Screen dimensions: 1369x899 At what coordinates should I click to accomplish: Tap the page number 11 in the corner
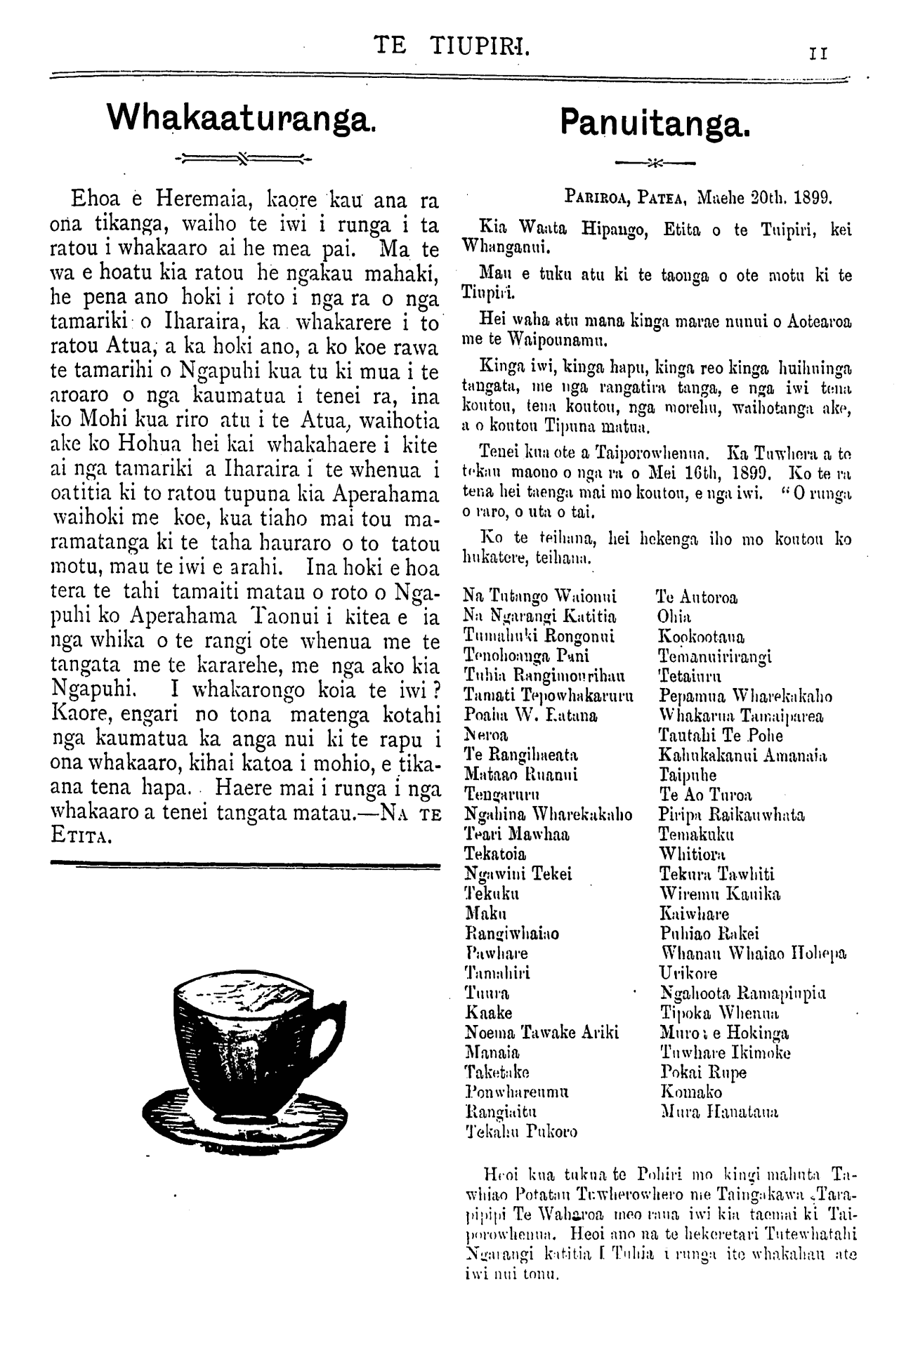(820, 53)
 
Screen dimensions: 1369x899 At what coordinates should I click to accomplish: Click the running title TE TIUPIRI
(452, 46)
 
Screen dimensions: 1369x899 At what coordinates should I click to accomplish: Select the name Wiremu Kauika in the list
(711, 894)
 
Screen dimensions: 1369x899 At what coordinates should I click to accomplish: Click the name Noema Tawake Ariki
(542, 1033)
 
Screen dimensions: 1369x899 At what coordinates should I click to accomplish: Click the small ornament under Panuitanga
(655, 165)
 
